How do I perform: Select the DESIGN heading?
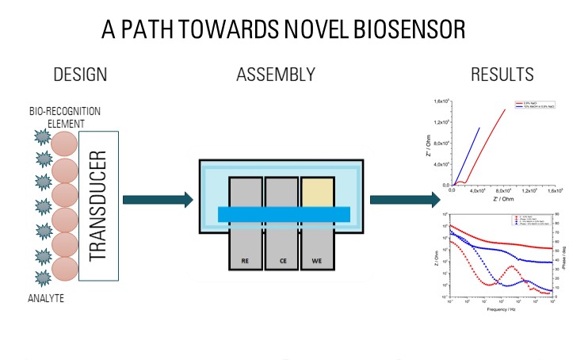pos(79,76)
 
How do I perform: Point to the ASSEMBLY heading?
pos(275,76)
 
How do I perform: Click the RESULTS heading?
pos(502,76)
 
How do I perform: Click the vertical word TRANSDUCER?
pos(99,205)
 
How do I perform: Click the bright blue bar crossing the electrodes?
pos(284,213)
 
